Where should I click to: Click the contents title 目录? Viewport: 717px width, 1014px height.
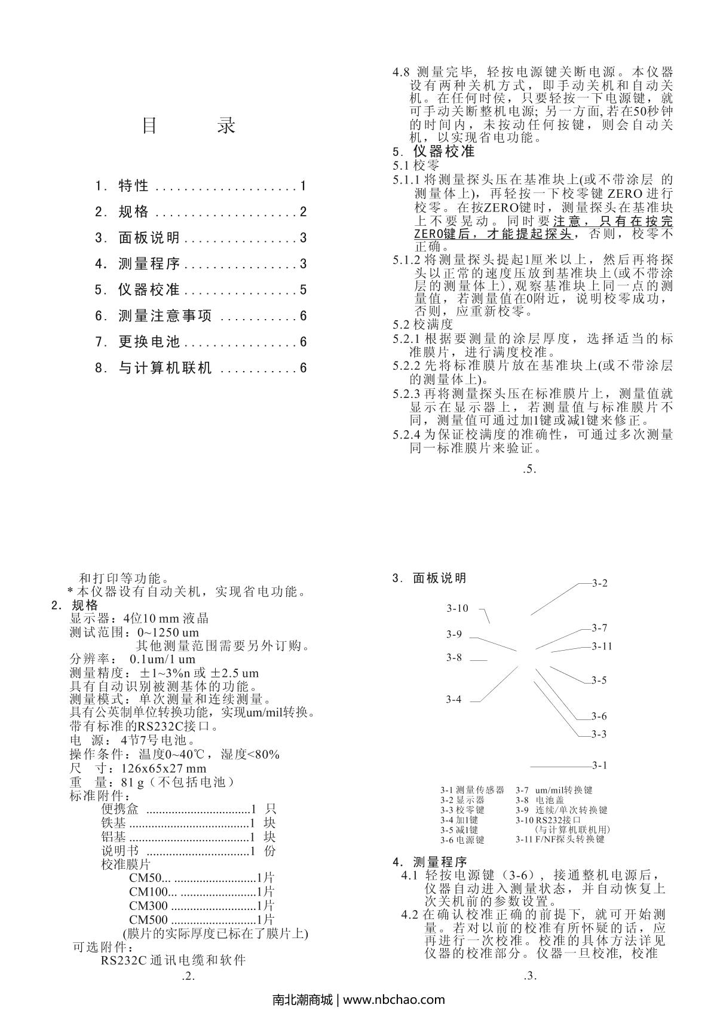189,125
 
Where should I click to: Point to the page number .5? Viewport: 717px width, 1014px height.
529,469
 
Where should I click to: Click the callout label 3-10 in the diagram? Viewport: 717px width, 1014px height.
458,609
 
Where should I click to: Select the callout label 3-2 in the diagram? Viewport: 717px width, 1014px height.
599,583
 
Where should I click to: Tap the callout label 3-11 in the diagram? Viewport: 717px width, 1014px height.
602,647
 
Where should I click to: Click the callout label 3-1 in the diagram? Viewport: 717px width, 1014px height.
599,765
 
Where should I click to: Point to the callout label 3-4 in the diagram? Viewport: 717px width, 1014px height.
454,700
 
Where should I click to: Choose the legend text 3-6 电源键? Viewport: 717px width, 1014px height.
462,840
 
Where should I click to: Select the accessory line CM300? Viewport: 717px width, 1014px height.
148,906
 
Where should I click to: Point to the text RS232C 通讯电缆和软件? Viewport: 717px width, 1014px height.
173,961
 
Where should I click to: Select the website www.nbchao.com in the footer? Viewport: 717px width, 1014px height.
395,1000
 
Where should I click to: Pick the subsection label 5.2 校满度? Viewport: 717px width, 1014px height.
422,324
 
